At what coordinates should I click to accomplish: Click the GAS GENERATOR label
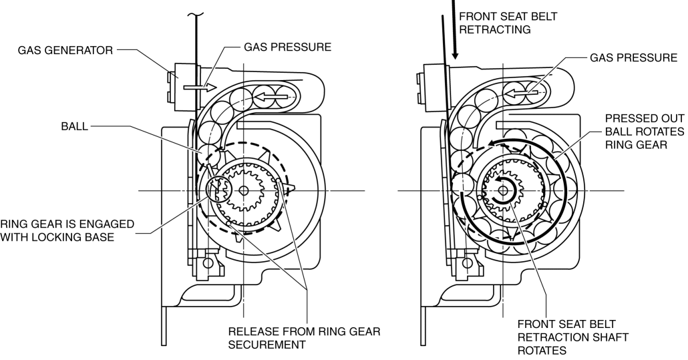[x=65, y=50]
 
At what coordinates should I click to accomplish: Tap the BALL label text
[x=75, y=127]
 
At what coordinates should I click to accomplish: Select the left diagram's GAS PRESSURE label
[x=287, y=47]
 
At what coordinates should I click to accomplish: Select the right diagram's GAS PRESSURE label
[x=633, y=57]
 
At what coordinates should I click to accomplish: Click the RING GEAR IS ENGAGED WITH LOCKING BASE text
[x=67, y=230]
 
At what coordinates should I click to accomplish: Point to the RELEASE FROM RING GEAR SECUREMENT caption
[x=304, y=338]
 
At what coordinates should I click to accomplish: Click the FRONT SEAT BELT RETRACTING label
[x=508, y=23]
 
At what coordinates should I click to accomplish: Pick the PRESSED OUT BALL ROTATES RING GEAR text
[x=645, y=132]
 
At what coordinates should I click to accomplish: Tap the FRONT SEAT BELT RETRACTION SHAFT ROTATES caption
[x=572, y=337]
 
